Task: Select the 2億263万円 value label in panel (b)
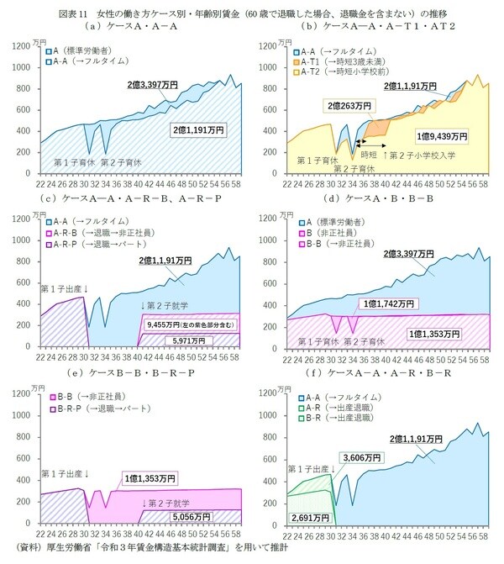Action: pyautogui.click(x=341, y=106)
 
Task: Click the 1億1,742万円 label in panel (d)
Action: pyautogui.click(x=391, y=303)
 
